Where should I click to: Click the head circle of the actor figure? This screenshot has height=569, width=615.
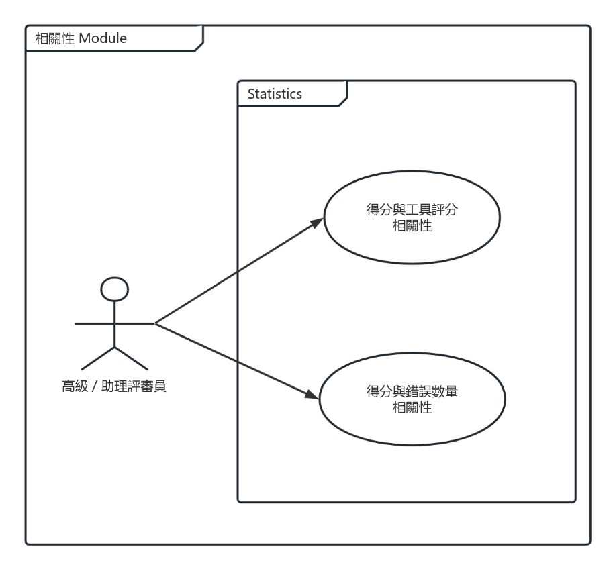115,278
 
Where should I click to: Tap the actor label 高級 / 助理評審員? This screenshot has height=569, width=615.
114,386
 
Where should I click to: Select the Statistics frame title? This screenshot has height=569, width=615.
275,94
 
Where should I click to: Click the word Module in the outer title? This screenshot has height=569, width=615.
103,38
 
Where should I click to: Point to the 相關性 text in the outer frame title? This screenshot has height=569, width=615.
55,38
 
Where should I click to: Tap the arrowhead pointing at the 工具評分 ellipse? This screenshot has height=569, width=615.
318,223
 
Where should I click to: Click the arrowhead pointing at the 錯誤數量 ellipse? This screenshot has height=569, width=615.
312,395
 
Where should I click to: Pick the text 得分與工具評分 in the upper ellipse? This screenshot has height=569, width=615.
412,209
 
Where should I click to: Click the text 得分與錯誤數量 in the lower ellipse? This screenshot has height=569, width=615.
412,391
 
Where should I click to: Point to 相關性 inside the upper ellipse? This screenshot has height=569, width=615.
412,225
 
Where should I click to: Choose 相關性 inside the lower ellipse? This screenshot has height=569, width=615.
412,407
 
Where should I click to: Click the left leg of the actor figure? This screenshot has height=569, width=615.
97,358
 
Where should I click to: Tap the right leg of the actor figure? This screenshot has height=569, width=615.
132,358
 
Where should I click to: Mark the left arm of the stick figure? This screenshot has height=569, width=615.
94,323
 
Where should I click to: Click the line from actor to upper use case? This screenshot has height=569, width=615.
239,271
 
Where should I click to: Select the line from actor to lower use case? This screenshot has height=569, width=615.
237,360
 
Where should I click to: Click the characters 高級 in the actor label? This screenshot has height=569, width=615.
75,386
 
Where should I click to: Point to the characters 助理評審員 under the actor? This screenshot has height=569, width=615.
134,386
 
